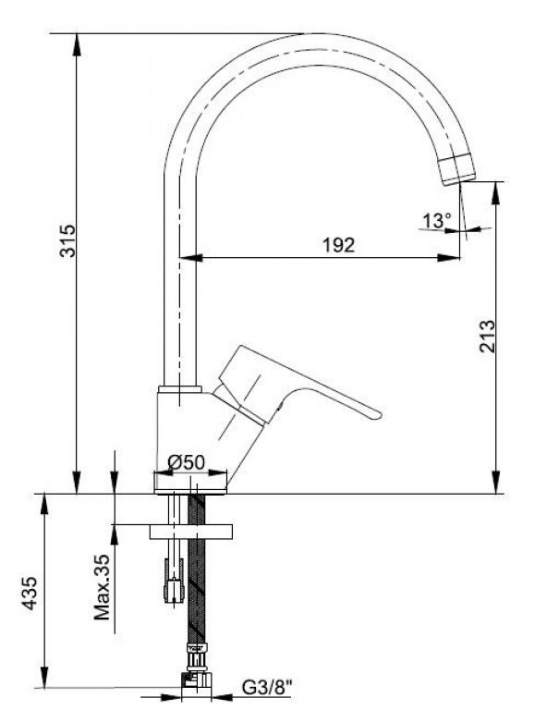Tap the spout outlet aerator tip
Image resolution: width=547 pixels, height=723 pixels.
pyautogui.click(x=456, y=170)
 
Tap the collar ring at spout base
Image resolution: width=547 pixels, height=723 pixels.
pyautogui.click(x=179, y=390)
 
